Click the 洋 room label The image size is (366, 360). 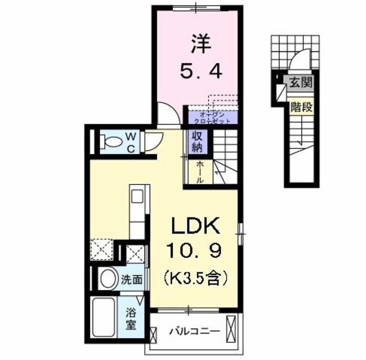coord(199,43)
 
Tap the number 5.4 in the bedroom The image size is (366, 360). coord(198,72)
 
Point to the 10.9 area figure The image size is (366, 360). coord(194,252)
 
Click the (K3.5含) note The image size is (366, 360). coord(196,279)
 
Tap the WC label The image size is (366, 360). coord(130,142)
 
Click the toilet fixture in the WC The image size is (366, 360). coord(107,141)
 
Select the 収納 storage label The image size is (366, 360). coord(196,144)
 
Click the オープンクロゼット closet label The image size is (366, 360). coord(211,118)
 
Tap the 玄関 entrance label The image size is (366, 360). coord(299,82)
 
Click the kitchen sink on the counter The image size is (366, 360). coord(138,196)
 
